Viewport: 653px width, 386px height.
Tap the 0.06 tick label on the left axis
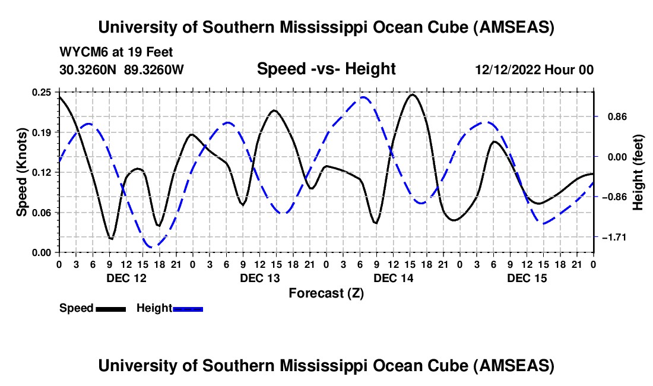click(x=43, y=212)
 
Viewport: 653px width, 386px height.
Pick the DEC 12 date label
click(x=126, y=277)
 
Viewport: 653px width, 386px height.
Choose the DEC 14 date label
click(x=393, y=277)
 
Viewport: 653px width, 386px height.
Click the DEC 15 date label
click(x=527, y=277)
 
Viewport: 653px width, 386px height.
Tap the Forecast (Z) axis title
click(x=326, y=293)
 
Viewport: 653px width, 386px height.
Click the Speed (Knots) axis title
click(x=21, y=172)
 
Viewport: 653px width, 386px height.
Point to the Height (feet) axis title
click(x=638, y=172)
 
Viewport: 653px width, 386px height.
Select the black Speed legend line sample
click(x=110, y=309)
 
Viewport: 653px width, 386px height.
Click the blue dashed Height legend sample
click(x=188, y=309)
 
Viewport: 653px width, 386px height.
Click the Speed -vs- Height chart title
click(x=326, y=69)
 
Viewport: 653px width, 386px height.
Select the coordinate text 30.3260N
click(x=89, y=69)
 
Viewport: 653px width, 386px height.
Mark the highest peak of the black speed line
click(x=412, y=94)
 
